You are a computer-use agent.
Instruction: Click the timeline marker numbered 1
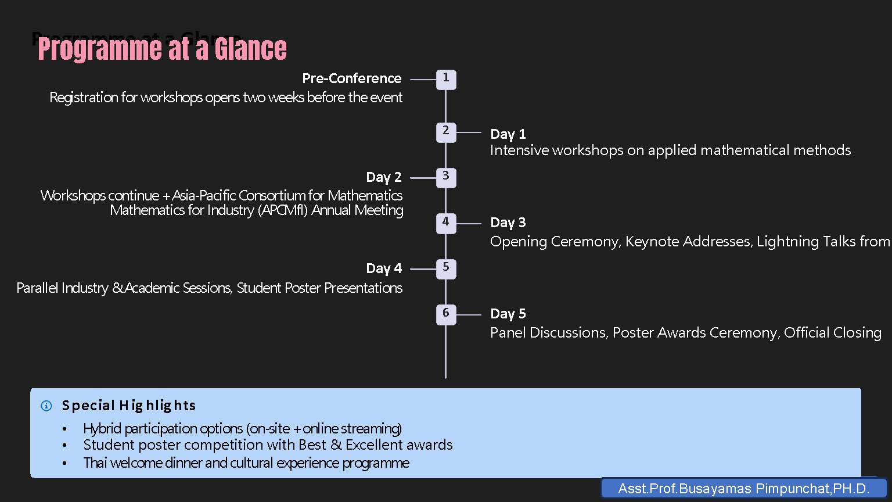pyautogui.click(x=446, y=79)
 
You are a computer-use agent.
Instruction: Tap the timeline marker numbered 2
pyautogui.click(x=446, y=132)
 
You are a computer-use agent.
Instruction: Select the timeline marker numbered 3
pyautogui.click(x=446, y=177)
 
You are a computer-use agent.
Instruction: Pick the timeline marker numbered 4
pyautogui.click(x=446, y=223)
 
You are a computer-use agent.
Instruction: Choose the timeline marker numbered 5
pyautogui.click(x=446, y=268)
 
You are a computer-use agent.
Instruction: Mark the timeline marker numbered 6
pyautogui.click(x=446, y=314)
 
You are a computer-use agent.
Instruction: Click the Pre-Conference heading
pyautogui.click(x=352, y=78)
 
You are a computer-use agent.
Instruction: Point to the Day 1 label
pyautogui.click(x=508, y=134)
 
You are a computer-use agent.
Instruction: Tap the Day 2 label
pyautogui.click(x=384, y=177)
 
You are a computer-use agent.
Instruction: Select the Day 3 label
pyautogui.click(x=508, y=223)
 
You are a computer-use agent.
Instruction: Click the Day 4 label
pyautogui.click(x=384, y=268)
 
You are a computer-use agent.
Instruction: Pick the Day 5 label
pyautogui.click(x=508, y=314)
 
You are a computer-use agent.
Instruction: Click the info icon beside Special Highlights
pyautogui.click(x=46, y=406)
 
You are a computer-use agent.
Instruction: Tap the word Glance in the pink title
pyautogui.click(x=250, y=49)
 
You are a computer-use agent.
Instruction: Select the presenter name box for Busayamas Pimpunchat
pyautogui.click(x=744, y=488)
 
